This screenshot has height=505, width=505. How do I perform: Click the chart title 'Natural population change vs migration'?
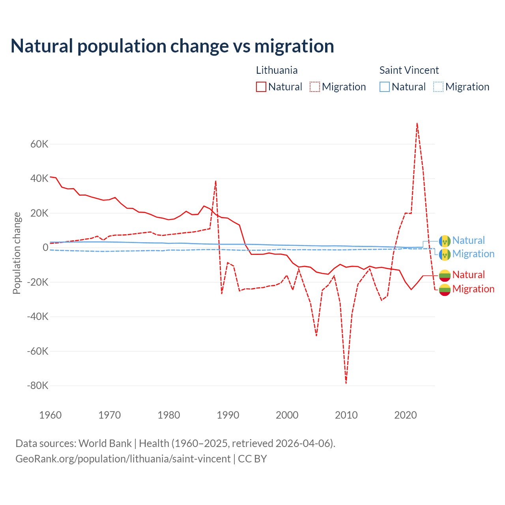172,46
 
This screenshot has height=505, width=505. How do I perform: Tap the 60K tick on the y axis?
39,144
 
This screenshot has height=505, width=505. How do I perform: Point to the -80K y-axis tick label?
37,385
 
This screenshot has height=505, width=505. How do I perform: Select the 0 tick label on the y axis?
45,247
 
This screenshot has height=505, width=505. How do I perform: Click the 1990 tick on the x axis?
228,415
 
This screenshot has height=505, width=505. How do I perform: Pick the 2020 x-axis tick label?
406,415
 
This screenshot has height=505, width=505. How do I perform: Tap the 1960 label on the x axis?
50,415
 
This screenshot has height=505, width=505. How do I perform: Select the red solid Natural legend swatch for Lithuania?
261,87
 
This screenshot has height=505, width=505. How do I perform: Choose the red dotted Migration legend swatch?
315,87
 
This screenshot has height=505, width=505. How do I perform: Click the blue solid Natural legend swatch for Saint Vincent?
385,87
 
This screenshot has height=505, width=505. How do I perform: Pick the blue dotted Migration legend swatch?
438,87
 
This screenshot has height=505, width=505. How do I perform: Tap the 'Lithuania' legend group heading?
277,70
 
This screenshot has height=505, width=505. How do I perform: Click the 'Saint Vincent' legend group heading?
409,70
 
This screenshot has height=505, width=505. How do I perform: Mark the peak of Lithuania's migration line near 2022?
417,123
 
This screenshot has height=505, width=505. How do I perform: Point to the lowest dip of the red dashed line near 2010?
346,383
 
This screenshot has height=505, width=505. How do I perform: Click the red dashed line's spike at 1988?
216,181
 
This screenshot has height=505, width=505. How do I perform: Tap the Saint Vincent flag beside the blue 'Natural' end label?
445,241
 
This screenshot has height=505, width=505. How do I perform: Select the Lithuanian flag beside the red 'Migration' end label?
445,289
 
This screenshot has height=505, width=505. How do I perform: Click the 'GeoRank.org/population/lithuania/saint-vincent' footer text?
123,459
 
